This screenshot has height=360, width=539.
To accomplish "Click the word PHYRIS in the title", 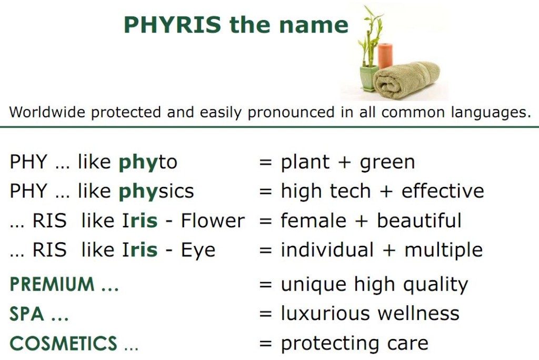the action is click(172, 25).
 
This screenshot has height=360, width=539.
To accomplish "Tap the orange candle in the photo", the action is click(385, 56).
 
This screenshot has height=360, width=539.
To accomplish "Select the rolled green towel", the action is click(406, 80).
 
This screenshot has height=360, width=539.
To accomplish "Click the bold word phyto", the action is click(148, 162).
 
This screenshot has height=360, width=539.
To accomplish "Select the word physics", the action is click(156, 192).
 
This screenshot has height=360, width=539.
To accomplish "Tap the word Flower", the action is click(213, 221).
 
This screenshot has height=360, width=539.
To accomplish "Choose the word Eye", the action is click(198, 251).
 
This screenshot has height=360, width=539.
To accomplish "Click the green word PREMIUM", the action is click(52, 284).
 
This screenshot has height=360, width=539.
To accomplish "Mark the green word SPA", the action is click(27, 314).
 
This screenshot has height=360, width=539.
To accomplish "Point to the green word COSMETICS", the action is click(64, 343).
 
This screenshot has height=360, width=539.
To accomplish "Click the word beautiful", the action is click(419, 221).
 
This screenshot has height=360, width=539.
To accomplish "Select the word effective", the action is click(443, 191).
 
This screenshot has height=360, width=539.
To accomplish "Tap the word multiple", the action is click(444, 251).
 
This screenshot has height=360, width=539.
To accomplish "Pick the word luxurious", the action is click(325, 314).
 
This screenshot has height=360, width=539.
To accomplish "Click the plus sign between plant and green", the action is click(344, 162).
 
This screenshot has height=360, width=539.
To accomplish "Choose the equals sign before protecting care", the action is click(266, 343).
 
